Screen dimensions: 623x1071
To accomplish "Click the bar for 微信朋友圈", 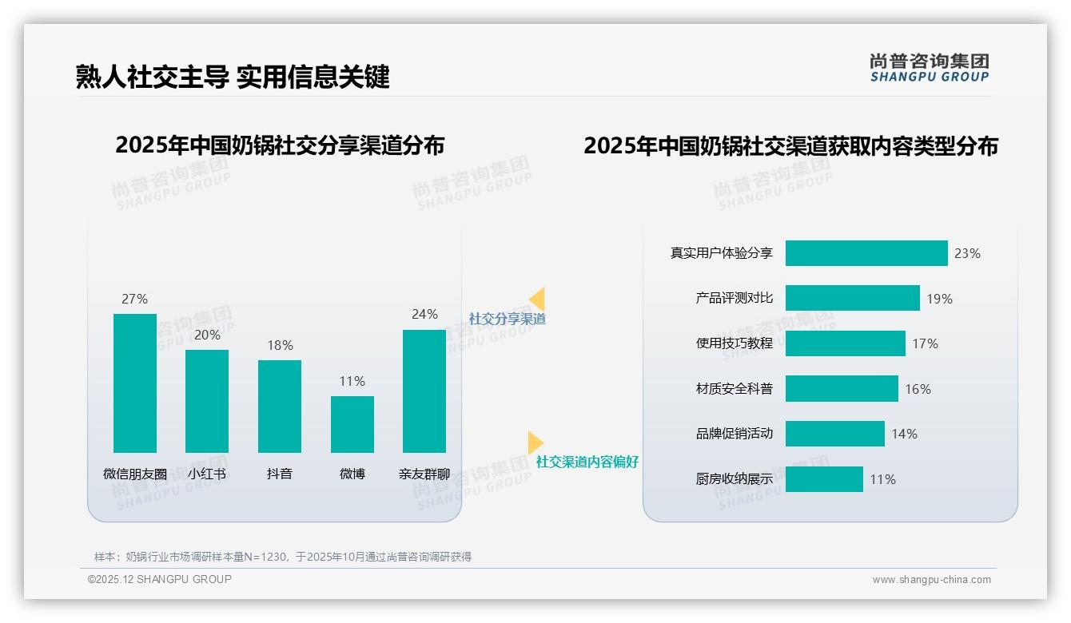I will point(135,383).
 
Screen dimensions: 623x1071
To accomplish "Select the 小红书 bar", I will point(207,401).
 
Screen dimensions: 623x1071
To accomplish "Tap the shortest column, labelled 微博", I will point(352,424).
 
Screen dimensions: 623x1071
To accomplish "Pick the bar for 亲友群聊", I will point(424,391).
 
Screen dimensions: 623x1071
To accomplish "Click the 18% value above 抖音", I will point(280,345).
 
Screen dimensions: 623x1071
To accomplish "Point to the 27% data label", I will point(135,299).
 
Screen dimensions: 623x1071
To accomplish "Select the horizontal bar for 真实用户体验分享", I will point(866,253).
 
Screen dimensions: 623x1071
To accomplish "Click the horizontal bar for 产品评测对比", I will point(852,298).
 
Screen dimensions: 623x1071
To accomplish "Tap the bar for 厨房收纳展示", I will point(824,479).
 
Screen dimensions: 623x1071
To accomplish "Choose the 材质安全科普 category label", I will point(735,389).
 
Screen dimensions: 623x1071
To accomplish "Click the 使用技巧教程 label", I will point(735,343).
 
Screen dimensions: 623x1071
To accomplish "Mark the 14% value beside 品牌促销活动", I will point(905,434).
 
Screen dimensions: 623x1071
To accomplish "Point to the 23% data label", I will point(967,253).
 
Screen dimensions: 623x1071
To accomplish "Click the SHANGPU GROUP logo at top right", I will point(930,68).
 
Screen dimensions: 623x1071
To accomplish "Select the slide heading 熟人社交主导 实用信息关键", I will point(233,77).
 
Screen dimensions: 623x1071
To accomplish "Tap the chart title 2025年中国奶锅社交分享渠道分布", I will point(280,145).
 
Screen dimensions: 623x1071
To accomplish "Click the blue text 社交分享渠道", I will point(507,319).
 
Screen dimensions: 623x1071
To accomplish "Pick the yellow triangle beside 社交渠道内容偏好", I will point(535,442).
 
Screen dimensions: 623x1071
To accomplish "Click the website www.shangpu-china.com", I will point(931,580).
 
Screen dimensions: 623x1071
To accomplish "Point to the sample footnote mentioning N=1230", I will point(283,557).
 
